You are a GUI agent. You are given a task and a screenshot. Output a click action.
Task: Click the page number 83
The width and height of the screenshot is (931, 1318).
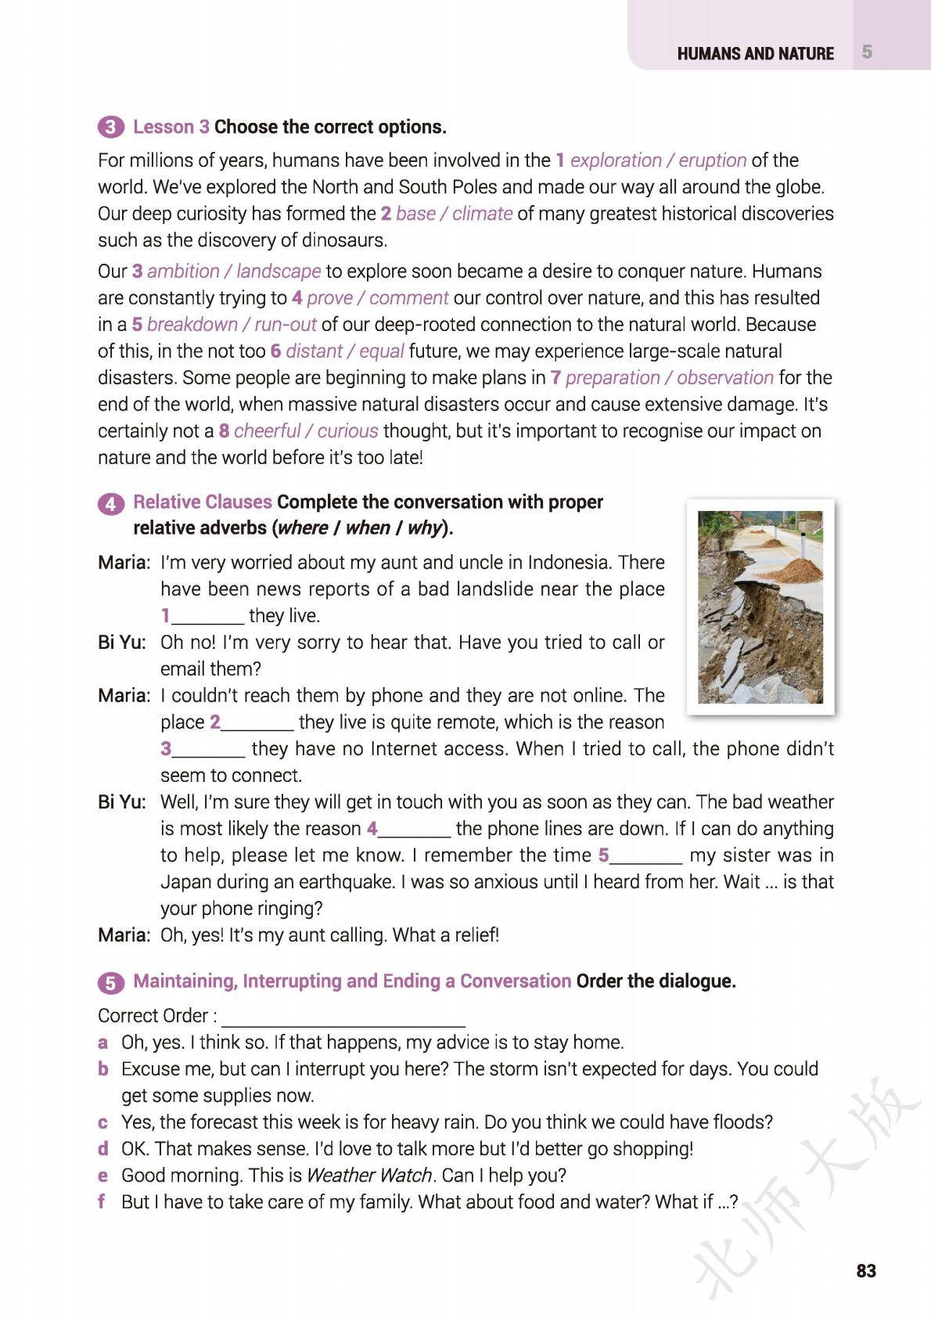pyautogui.click(x=866, y=1270)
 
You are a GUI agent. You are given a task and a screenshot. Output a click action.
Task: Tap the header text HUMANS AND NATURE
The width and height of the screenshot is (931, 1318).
pyautogui.click(x=755, y=53)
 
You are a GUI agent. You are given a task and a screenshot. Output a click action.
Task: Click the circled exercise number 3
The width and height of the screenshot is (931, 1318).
pyautogui.click(x=110, y=128)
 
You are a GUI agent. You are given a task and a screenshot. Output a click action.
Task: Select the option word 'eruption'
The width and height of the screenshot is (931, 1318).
pyautogui.click(x=712, y=160)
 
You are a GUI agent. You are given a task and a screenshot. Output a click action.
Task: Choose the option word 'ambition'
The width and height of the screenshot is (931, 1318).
pyautogui.click(x=184, y=272)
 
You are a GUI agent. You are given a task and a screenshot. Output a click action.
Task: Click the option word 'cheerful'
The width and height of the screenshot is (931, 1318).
pyautogui.click(x=267, y=431)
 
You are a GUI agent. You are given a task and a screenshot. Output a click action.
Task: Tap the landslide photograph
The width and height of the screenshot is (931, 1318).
pyautogui.click(x=760, y=607)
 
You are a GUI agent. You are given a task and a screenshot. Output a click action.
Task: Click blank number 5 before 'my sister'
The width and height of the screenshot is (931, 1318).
pyautogui.click(x=645, y=855)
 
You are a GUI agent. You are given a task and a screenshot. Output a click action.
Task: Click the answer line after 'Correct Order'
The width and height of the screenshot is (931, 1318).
pyautogui.click(x=343, y=1017)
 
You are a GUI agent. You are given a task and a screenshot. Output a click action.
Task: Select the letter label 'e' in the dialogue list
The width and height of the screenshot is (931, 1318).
pyautogui.click(x=102, y=1176)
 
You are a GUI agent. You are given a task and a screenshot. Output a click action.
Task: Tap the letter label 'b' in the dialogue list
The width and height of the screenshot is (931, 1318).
pyautogui.click(x=102, y=1069)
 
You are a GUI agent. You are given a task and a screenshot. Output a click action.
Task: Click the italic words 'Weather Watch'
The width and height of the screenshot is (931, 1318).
pyautogui.click(x=368, y=1176)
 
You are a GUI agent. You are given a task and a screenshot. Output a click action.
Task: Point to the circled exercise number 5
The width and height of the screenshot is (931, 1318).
pyautogui.click(x=110, y=982)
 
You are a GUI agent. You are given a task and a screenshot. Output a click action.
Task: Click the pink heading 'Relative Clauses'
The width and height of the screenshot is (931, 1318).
pyautogui.click(x=203, y=502)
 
